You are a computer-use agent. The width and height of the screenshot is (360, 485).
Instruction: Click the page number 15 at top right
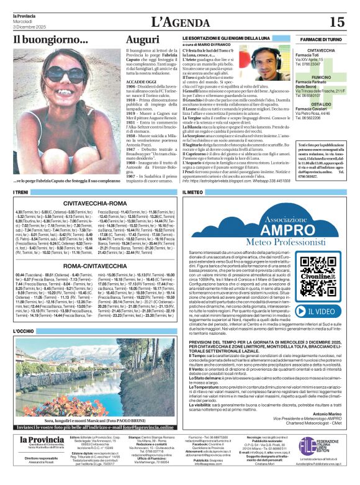[x=336, y=22]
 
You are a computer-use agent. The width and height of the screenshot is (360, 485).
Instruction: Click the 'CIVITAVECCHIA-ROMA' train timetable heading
[x=96, y=204]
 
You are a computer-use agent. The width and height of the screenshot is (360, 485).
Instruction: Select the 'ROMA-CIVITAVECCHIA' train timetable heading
[x=96, y=265]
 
